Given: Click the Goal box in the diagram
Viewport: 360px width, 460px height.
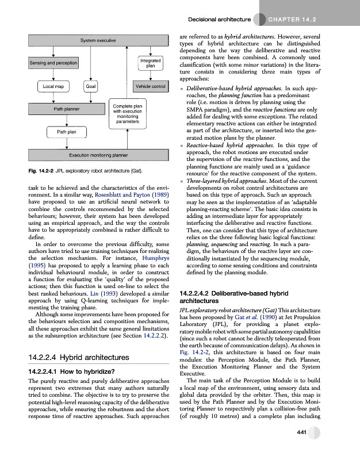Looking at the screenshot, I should click(x=90, y=86).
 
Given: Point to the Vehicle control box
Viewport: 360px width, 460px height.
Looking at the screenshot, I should click(x=151, y=86).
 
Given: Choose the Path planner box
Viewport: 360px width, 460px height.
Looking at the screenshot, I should click(x=67, y=109).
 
